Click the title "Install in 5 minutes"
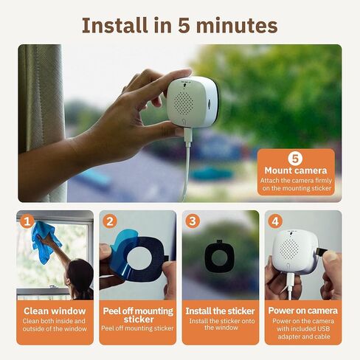(179, 25)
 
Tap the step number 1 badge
(27, 221)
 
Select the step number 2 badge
(110, 221)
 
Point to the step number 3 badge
(193, 221)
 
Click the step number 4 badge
(276, 221)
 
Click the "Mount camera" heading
(295, 171)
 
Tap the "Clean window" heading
(55, 311)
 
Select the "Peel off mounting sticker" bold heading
(138, 315)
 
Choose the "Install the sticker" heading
(221, 311)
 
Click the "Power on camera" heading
(303, 311)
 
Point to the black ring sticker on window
(220, 255)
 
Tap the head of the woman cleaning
(80, 274)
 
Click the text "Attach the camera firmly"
(295, 181)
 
